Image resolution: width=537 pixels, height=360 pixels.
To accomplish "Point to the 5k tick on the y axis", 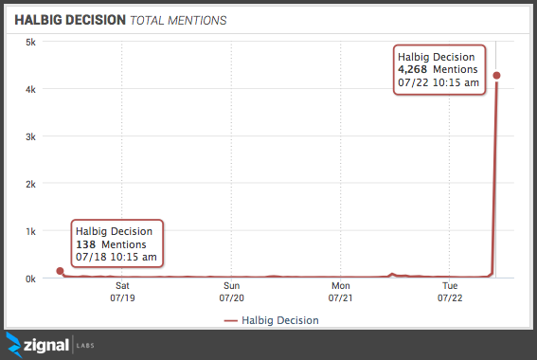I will (30, 42).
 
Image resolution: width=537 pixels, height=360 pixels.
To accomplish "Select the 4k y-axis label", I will (30, 89).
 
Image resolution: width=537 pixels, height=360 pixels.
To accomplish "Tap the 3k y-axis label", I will (30, 136).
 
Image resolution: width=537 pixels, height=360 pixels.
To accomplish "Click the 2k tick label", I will (30, 184).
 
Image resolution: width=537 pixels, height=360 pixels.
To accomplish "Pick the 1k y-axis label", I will (30, 231).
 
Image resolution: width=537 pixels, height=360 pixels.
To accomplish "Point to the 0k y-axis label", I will (30, 279).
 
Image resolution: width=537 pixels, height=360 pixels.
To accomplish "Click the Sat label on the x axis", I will (122, 284).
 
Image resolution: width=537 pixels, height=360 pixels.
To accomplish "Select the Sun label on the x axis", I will (231, 284).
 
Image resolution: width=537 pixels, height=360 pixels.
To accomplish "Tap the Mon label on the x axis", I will (340, 284).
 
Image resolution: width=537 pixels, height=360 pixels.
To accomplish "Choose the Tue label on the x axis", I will (449, 284).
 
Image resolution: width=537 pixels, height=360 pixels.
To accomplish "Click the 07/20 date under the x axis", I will (231, 297).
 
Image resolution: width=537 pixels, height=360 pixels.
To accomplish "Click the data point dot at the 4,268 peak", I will (496, 76).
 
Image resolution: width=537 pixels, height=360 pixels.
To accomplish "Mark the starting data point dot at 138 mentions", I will (60, 271).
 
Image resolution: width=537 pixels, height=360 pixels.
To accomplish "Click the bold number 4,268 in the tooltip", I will (413, 69).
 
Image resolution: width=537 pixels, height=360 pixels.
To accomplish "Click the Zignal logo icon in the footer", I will (16, 344).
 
